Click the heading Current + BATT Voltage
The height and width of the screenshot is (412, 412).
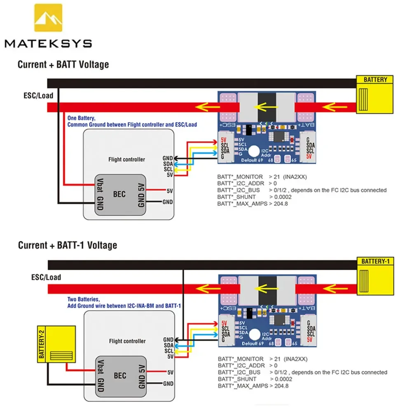63,65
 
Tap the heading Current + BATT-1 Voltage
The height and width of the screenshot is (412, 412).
67,246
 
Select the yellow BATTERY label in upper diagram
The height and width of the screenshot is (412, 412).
375,80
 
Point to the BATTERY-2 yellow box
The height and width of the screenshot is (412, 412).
56,344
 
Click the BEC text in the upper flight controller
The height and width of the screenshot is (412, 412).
119,194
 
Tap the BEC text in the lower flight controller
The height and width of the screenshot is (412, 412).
119,376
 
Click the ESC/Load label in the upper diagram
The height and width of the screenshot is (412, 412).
38,96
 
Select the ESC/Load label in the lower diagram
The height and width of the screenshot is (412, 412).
46,277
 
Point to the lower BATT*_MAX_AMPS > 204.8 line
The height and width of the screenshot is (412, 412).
253,386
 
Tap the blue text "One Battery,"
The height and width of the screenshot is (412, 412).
82,118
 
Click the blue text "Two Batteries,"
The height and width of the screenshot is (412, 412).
84,300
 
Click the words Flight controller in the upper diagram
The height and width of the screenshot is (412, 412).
126,159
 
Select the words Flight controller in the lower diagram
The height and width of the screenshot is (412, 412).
127,341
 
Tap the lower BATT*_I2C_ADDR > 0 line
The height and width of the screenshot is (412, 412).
248,365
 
